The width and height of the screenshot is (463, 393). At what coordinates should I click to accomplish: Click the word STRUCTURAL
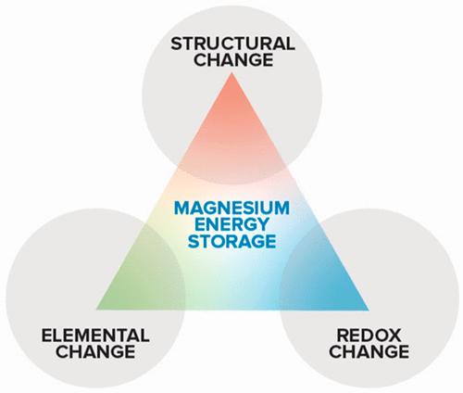click(232, 44)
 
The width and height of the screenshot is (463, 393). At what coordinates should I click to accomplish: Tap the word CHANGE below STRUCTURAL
click(233, 59)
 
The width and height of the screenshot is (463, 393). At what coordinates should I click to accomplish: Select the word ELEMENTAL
click(95, 336)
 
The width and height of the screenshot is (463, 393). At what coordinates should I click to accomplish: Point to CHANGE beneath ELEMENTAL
click(95, 351)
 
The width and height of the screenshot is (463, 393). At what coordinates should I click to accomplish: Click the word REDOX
click(369, 336)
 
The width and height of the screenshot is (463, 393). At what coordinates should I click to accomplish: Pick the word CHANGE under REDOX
click(369, 351)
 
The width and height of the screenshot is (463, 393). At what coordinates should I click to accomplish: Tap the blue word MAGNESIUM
click(231, 208)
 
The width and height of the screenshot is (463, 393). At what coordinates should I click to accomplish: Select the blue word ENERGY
click(231, 224)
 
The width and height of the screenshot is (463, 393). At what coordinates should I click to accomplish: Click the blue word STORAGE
click(231, 241)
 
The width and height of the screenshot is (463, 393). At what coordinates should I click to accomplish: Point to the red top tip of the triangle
click(231, 72)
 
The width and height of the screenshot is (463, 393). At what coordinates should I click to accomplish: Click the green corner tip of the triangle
click(96, 309)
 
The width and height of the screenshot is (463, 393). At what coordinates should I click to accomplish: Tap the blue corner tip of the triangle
click(368, 309)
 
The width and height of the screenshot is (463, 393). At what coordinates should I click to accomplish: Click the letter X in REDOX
click(394, 336)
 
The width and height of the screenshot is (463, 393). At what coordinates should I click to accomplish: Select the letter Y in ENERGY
click(262, 224)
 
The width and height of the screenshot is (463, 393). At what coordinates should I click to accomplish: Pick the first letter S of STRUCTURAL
click(177, 44)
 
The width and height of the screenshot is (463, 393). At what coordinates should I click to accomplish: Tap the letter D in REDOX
click(365, 336)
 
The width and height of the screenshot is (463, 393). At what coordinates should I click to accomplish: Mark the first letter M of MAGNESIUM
click(181, 208)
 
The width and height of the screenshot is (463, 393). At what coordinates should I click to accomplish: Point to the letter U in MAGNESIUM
click(266, 208)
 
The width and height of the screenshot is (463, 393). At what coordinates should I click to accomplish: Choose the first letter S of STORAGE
click(194, 241)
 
